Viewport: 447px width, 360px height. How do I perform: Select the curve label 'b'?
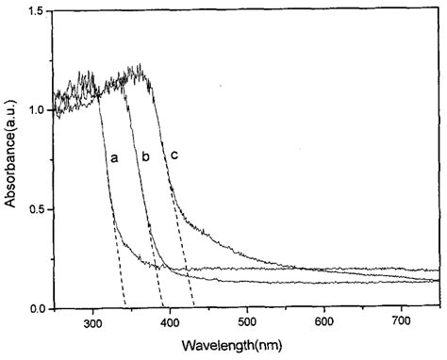[145, 157]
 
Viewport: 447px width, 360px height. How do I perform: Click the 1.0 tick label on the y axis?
[39, 110]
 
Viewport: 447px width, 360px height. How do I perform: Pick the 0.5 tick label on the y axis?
[39, 209]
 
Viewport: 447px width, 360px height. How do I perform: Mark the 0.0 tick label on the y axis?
[39, 309]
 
